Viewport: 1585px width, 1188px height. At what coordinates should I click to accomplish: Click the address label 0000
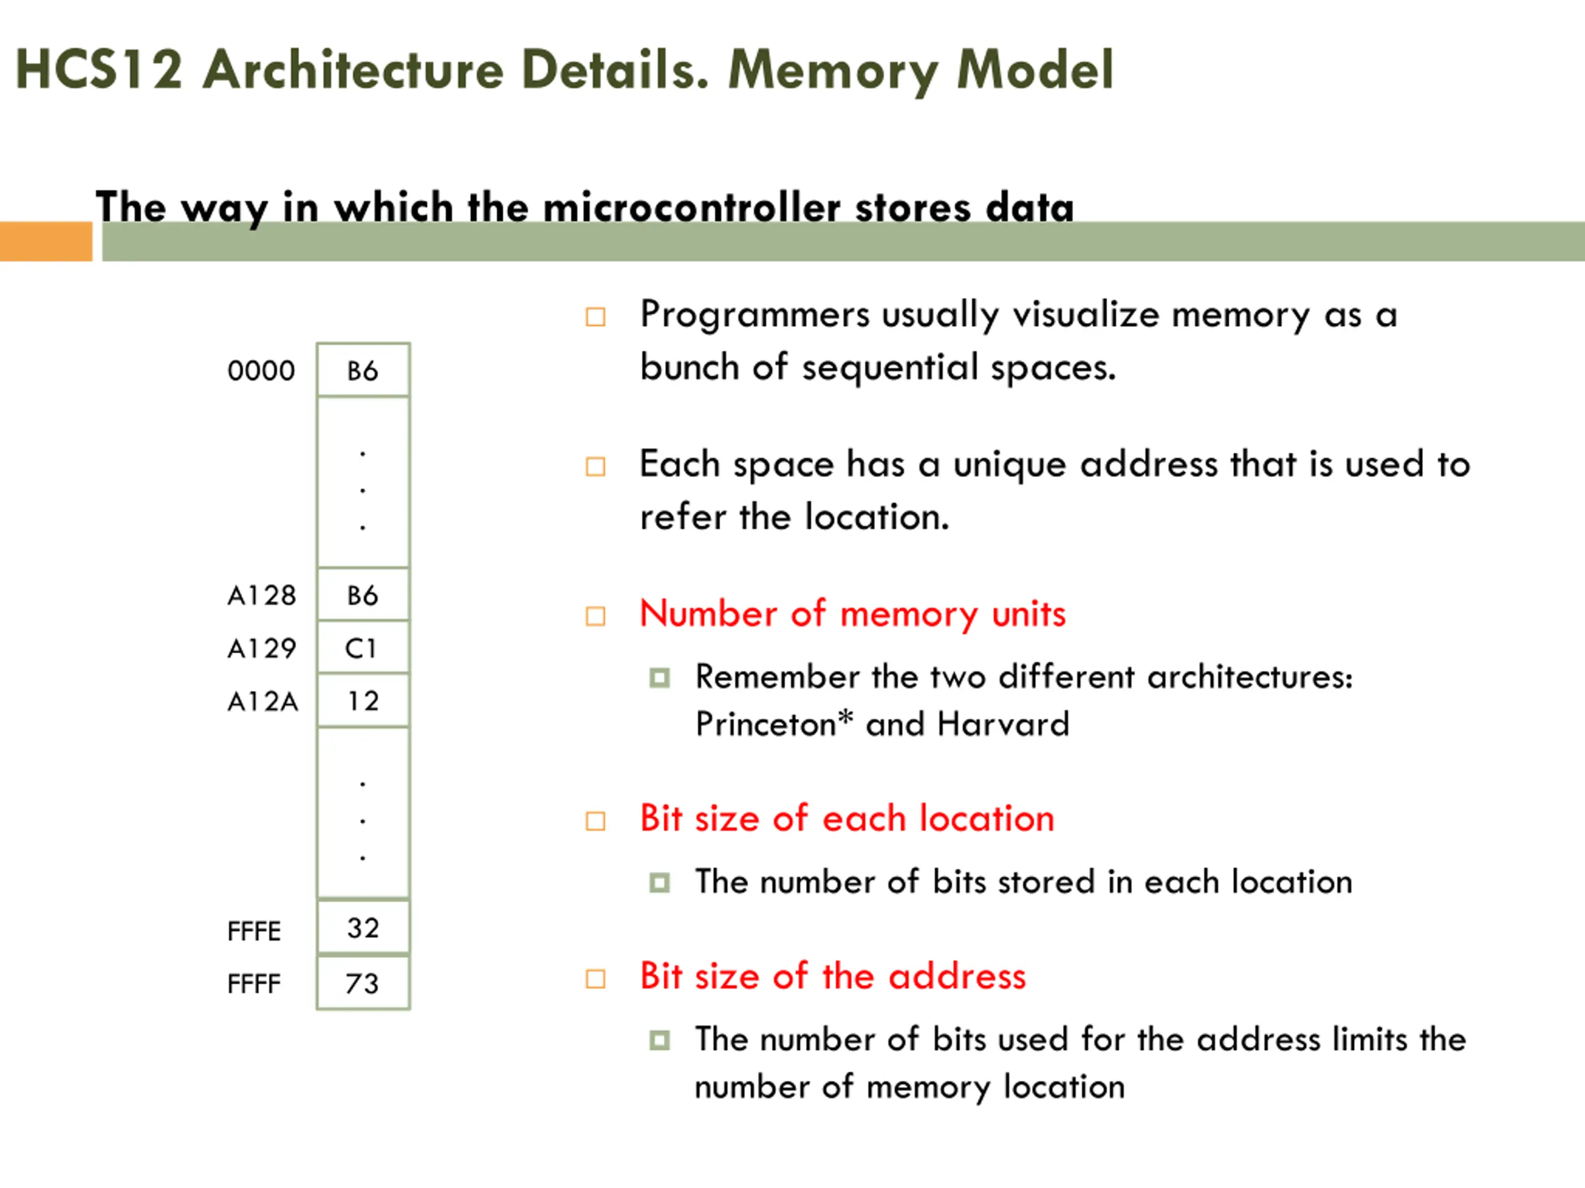click(x=261, y=371)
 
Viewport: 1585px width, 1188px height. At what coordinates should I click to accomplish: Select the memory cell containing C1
click(x=363, y=647)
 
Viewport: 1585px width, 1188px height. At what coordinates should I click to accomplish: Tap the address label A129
click(x=261, y=648)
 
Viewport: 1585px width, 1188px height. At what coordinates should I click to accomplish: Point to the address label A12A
click(x=263, y=701)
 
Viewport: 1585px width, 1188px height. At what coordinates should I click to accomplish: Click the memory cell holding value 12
click(x=363, y=700)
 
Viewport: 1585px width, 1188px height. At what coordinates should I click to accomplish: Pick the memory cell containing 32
click(x=363, y=928)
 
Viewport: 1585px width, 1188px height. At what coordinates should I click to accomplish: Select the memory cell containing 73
click(x=363, y=983)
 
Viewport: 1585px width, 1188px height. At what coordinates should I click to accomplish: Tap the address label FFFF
click(x=254, y=984)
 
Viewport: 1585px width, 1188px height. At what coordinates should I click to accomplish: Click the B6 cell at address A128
click(x=363, y=595)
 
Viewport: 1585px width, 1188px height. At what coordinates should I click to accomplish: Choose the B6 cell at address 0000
click(x=363, y=371)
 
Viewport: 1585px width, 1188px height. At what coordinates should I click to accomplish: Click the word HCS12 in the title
click(x=99, y=69)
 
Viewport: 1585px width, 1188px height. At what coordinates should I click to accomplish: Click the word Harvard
click(x=1003, y=724)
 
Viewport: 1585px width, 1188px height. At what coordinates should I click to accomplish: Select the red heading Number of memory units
click(x=853, y=614)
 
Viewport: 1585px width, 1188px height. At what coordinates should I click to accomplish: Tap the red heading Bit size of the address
click(x=833, y=976)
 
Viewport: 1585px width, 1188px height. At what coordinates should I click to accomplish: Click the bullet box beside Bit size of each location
click(x=596, y=820)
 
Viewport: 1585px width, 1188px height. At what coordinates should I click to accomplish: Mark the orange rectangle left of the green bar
click(x=46, y=241)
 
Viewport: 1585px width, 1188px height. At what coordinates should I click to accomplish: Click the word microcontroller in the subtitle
click(x=692, y=208)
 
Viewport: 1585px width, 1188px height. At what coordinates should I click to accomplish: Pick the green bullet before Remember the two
click(x=659, y=678)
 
